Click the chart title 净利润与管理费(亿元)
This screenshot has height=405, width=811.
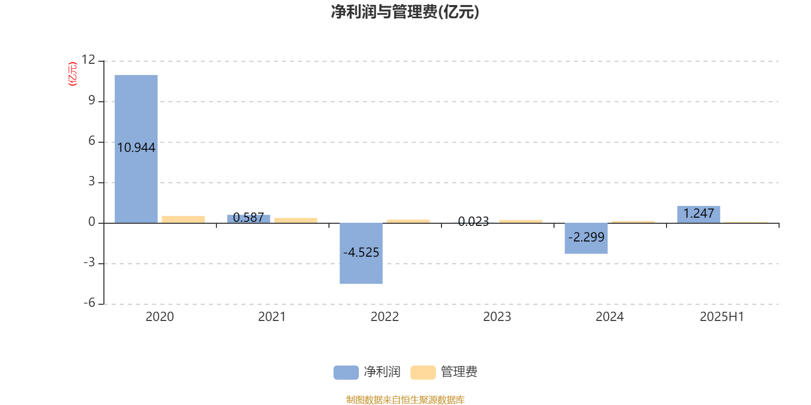tap(405, 12)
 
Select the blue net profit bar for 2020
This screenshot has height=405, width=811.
tap(136, 149)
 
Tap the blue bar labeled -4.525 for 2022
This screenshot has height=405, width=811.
tap(361, 253)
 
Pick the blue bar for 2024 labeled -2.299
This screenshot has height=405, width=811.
tap(586, 238)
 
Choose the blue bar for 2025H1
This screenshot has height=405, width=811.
tap(698, 215)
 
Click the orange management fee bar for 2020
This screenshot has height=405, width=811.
tap(183, 220)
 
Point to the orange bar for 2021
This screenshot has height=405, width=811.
tap(296, 221)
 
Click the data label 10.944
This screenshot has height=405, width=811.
tap(136, 147)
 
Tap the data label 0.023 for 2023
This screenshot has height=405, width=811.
tap(473, 221)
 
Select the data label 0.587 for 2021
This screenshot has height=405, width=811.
tap(248, 217)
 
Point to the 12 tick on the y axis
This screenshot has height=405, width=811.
tap(88, 60)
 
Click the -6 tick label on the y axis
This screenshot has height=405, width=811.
tap(89, 303)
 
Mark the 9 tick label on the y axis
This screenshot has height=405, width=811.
tap(92, 100)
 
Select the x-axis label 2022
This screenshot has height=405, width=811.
tap(385, 317)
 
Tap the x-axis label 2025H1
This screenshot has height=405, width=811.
tap(722, 317)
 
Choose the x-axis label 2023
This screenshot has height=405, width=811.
tap(497, 317)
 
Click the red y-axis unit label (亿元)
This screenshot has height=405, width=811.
tap(73, 74)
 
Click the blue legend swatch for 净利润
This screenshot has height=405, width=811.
tap(346, 373)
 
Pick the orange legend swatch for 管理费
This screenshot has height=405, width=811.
tap(423, 373)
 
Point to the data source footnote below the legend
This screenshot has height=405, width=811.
tap(405, 399)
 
